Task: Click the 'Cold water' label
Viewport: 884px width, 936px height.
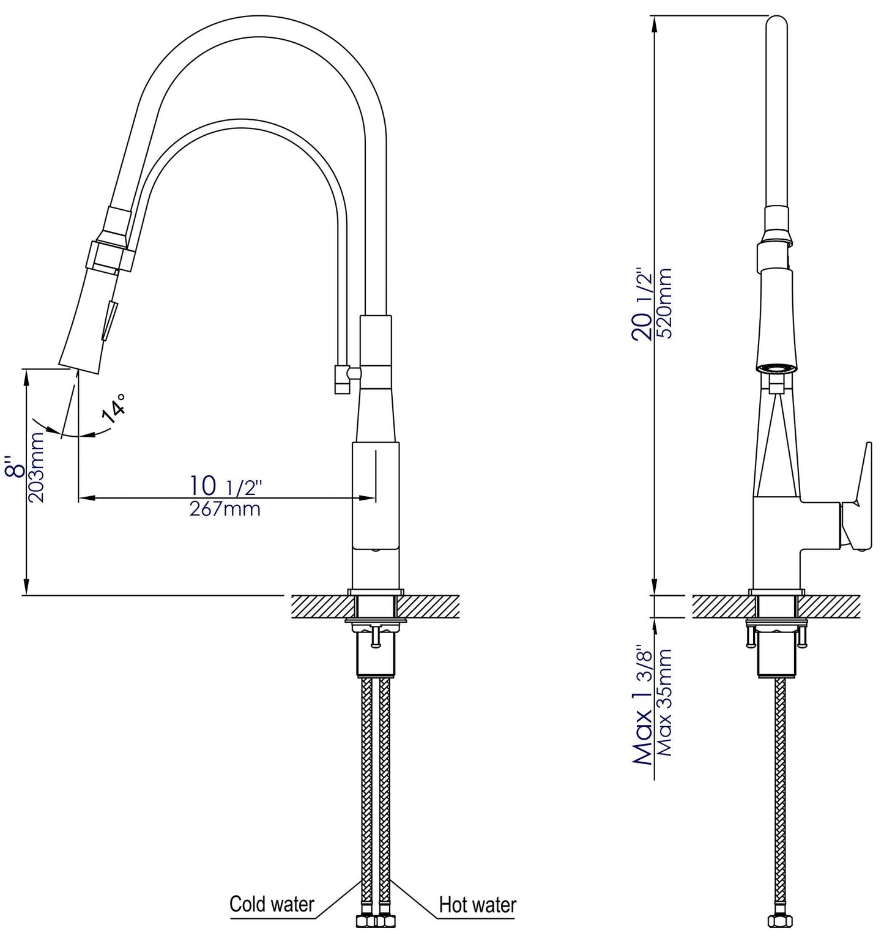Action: pyautogui.click(x=272, y=904)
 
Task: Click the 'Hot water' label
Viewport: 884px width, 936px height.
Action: pyautogui.click(x=477, y=904)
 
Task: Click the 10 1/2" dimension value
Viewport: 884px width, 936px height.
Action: pyautogui.click(x=225, y=486)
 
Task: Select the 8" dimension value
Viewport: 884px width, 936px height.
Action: pyautogui.click(x=15, y=466)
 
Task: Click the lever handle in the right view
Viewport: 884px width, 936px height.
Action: pyautogui.click(x=856, y=493)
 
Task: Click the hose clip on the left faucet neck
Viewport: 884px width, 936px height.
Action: pyautogui.click(x=341, y=379)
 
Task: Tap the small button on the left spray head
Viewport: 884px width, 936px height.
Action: pyautogui.click(x=109, y=320)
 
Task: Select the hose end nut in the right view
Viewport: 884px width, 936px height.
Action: pyautogui.click(x=777, y=921)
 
